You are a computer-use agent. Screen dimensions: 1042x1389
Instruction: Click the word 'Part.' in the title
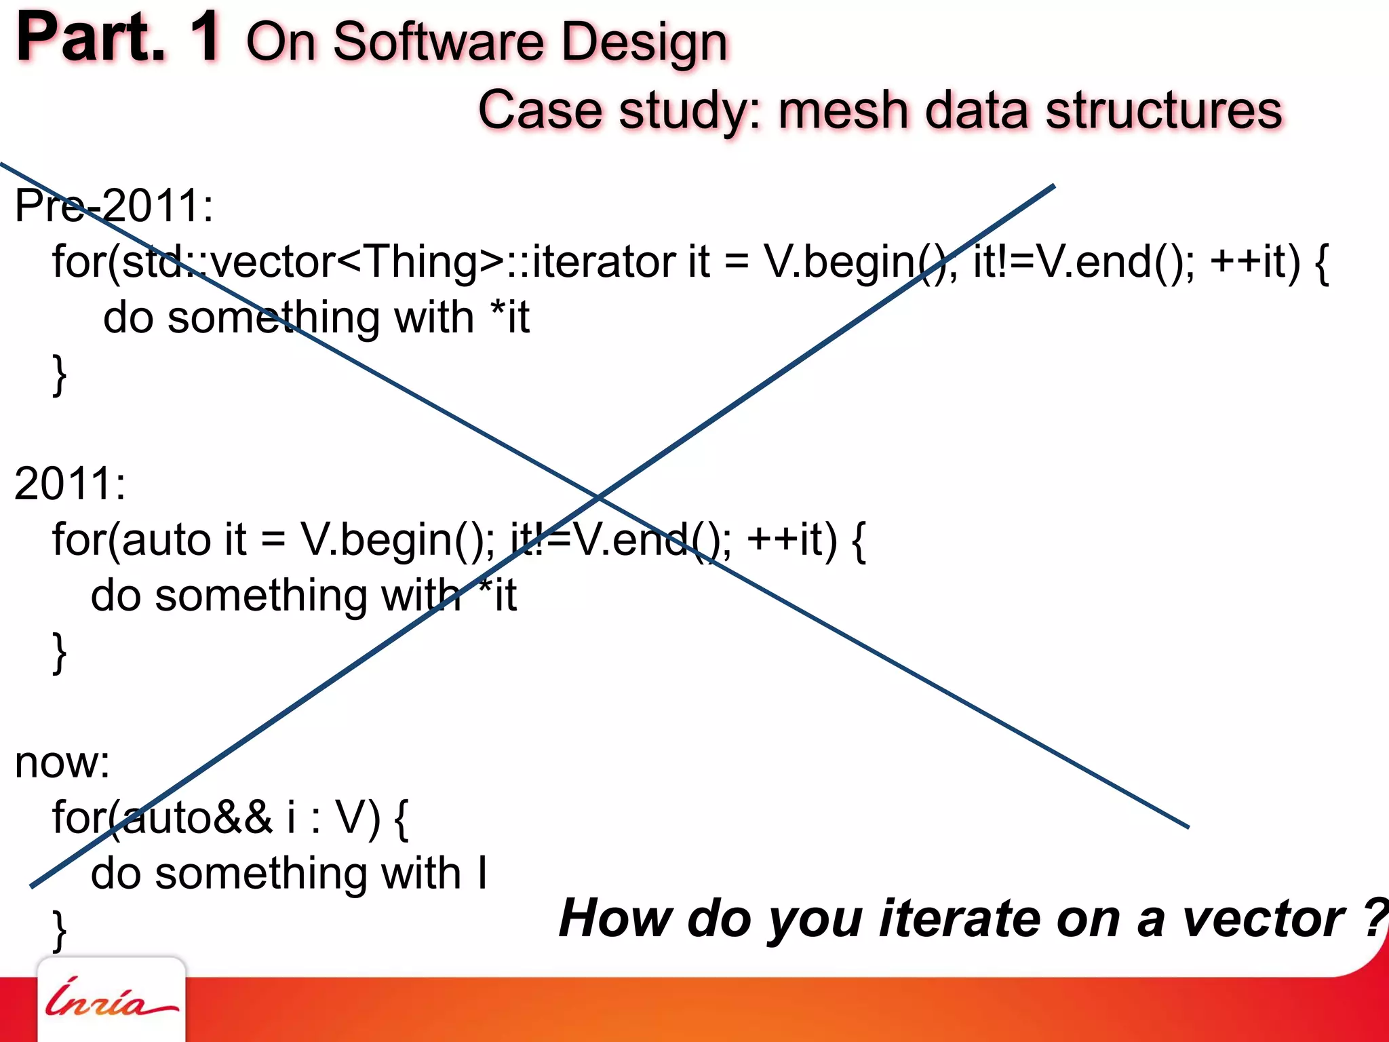click(x=91, y=39)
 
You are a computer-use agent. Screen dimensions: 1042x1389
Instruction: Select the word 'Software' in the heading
click(x=438, y=42)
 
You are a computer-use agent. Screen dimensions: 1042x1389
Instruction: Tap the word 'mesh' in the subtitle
click(x=842, y=111)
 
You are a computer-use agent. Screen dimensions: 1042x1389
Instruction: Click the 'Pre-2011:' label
click(x=114, y=206)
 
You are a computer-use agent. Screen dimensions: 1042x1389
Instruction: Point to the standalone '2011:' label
click(x=70, y=484)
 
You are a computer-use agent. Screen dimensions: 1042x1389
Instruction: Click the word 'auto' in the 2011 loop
click(x=165, y=540)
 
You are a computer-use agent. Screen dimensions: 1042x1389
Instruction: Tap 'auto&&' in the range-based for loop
click(x=197, y=817)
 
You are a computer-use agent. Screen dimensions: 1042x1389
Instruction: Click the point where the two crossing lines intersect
click(x=598, y=498)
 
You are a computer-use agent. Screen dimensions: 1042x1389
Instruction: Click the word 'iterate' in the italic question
click(x=959, y=919)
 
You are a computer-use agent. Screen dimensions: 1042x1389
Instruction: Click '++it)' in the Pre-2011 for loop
click(x=1255, y=262)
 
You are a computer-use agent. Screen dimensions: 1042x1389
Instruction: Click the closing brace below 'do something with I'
click(x=60, y=929)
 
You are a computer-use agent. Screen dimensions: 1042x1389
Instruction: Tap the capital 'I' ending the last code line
click(x=482, y=873)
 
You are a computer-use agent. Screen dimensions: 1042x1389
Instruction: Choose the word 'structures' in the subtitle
click(x=1163, y=111)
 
